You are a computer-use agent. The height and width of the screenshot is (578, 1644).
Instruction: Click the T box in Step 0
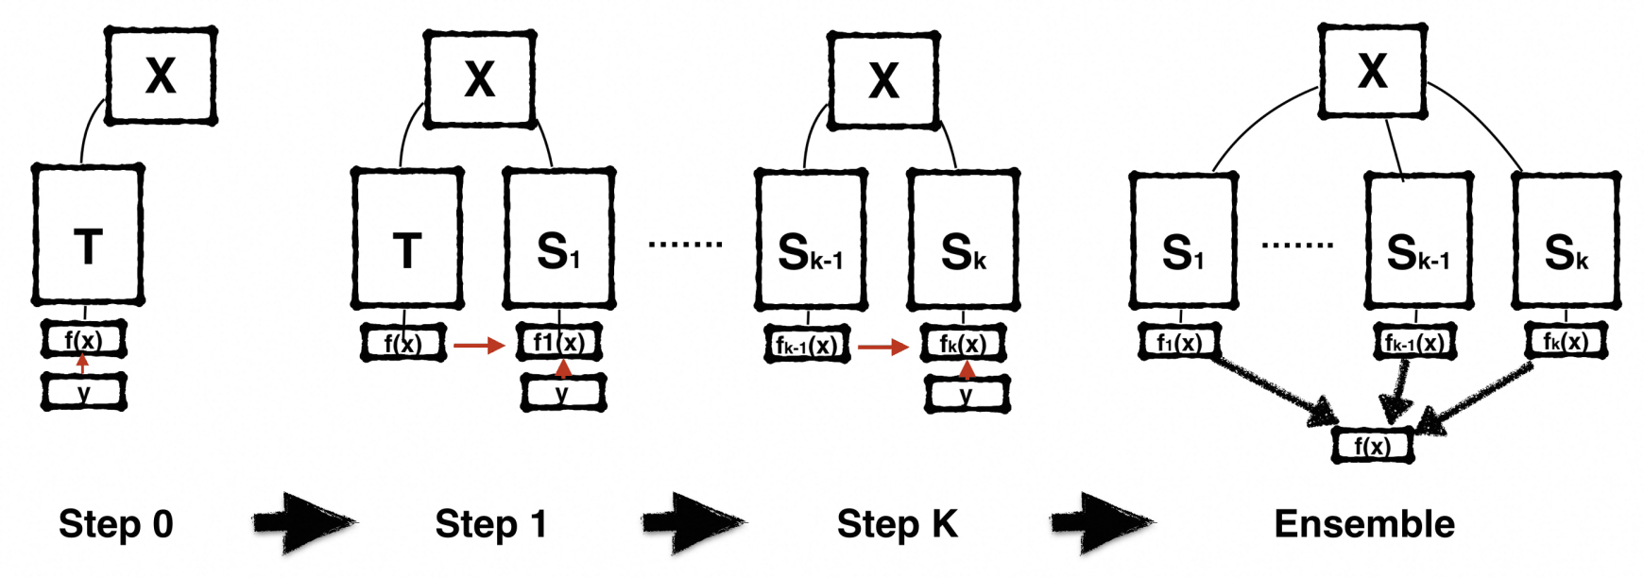[x=88, y=234]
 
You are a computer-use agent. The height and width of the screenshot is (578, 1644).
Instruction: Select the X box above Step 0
[x=161, y=76]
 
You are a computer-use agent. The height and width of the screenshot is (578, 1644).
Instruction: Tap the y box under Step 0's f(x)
[x=84, y=391]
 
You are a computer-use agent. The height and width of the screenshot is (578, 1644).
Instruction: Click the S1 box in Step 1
[x=559, y=238]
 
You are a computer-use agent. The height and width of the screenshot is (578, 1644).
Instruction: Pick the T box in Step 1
[x=407, y=238]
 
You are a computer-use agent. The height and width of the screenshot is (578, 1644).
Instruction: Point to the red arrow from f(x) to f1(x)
[x=480, y=346]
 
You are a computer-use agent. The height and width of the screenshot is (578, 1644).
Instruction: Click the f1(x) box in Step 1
[x=560, y=342]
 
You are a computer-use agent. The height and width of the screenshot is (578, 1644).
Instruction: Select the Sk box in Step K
[x=964, y=240]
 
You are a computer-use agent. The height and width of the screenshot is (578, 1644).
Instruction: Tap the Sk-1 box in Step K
[x=811, y=240]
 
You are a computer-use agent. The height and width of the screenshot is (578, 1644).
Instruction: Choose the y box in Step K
[x=967, y=394]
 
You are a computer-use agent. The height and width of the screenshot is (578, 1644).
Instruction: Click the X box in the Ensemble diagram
[x=1373, y=71]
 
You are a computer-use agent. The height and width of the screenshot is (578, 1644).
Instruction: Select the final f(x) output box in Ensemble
[x=1373, y=445]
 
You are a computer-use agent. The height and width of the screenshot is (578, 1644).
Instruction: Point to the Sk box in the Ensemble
[x=1567, y=241]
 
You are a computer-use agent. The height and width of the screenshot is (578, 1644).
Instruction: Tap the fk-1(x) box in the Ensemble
[x=1414, y=342]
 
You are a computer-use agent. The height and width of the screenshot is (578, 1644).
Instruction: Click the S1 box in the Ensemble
[x=1183, y=241]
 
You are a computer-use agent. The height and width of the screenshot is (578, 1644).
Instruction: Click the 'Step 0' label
[x=116, y=524]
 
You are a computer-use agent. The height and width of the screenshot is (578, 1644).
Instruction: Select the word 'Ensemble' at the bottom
[x=1364, y=524]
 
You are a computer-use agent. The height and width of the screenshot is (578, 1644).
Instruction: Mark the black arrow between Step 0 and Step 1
[x=305, y=520]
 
